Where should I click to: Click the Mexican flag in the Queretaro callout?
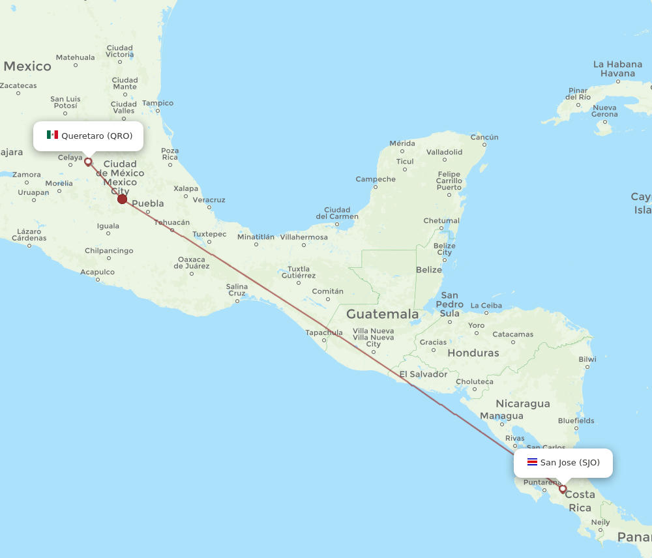click(52, 135)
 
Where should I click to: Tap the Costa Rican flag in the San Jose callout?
click(532, 462)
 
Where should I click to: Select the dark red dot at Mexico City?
click(122, 199)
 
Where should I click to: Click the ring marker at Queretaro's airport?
click(88, 162)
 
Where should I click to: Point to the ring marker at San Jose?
click(563, 489)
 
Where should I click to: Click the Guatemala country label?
click(382, 314)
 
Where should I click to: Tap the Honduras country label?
click(473, 353)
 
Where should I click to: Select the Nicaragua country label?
click(523, 404)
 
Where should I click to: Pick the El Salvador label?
click(423, 374)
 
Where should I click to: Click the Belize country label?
click(428, 269)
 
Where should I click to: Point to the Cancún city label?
click(484, 137)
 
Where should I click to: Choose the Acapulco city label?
click(97, 272)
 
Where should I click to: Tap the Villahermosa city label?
click(303, 237)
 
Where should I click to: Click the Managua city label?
click(501, 416)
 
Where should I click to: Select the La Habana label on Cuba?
click(617, 64)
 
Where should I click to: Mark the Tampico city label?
click(158, 103)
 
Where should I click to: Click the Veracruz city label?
click(209, 199)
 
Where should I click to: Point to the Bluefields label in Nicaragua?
click(576, 420)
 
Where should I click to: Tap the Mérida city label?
click(402, 143)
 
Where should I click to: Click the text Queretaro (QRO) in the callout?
click(96, 136)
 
